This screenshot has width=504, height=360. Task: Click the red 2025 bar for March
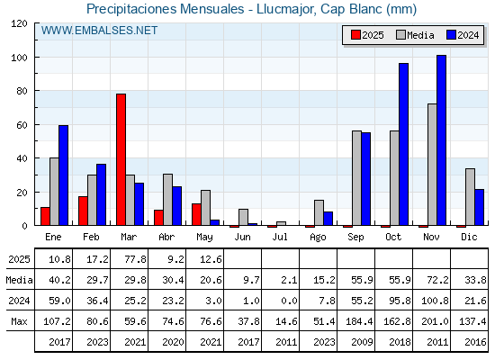[x=121, y=159]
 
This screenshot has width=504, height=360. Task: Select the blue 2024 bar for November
[x=441, y=140]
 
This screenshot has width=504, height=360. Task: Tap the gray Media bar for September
[x=356, y=178]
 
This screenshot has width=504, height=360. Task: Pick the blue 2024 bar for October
[x=404, y=144]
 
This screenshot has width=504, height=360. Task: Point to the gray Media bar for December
[x=470, y=197]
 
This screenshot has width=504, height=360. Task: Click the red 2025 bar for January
[x=45, y=216]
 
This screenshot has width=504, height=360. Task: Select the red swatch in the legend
[x=355, y=35]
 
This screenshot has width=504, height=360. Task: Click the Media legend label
[x=420, y=35]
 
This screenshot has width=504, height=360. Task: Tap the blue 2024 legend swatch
[x=451, y=35]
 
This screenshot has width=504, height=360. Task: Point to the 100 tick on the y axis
[x=36, y=58]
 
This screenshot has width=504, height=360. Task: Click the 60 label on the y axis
[x=22, y=125]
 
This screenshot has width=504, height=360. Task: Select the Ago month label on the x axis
[x=318, y=238]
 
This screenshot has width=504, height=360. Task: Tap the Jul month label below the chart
[x=280, y=237]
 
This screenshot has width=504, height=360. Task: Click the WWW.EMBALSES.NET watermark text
[x=99, y=31]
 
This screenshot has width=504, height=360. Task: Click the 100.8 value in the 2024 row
[x=435, y=301]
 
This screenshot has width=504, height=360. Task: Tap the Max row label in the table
[x=19, y=321]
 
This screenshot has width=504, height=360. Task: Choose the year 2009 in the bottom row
[x=362, y=342]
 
